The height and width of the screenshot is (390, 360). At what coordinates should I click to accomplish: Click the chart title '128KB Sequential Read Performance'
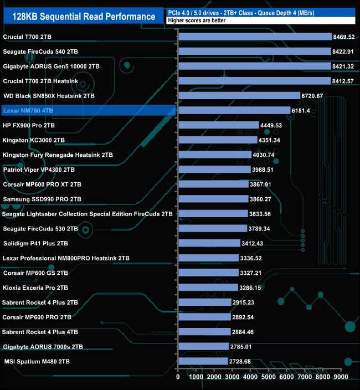84,17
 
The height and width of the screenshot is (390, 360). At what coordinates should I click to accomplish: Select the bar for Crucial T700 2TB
255,37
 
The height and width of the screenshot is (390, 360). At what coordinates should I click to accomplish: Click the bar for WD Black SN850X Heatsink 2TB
239,96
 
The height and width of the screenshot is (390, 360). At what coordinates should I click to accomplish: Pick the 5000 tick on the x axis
269,377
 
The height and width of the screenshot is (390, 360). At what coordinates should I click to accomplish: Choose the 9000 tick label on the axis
341,377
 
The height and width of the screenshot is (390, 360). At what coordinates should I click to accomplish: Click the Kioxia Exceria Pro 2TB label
35,288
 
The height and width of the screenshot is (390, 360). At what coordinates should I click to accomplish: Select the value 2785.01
241,347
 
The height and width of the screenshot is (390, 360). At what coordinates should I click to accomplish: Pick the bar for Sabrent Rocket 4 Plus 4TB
204,332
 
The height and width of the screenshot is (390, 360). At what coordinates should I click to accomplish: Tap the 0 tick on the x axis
178,377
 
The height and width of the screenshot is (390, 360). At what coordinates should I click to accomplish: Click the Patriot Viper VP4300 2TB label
39,170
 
